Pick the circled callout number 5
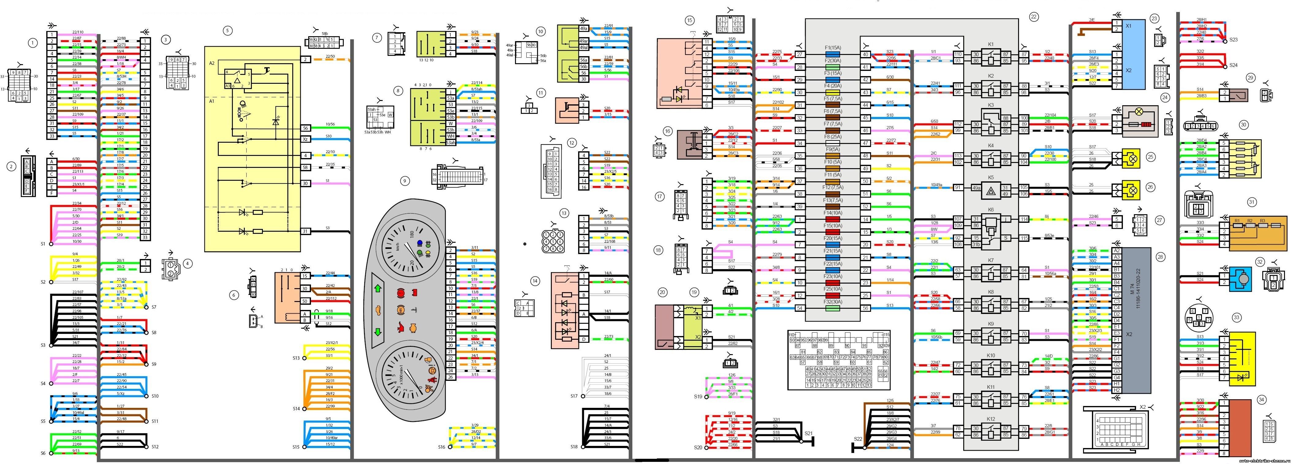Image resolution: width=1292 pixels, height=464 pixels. point(228,31)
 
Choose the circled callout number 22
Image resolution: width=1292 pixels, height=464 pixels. point(1034,17)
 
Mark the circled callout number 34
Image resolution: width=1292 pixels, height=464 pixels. point(1261,400)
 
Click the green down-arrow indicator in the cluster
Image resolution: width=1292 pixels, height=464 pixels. point(378,332)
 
